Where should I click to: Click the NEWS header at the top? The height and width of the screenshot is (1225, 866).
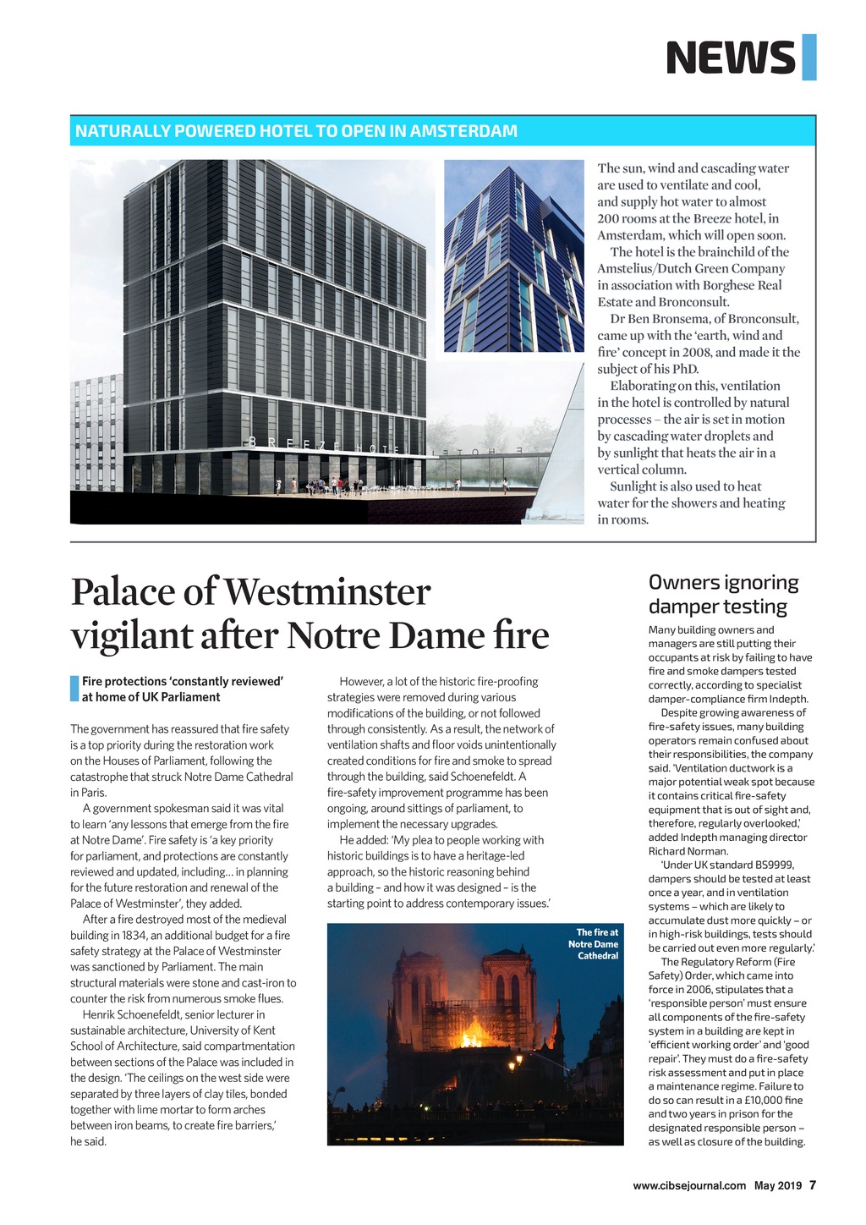tap(731, 58)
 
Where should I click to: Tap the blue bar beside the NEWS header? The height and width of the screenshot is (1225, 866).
tap(808, 58)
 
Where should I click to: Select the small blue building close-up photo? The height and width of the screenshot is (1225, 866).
tap(513, 255)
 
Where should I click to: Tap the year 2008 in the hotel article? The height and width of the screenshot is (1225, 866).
tap(695, 352)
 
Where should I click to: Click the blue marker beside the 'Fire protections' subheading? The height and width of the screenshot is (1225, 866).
tap(74, 689)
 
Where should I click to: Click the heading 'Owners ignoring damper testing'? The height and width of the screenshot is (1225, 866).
tap(723, 594)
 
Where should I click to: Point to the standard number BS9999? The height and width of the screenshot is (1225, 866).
tap(773, 865)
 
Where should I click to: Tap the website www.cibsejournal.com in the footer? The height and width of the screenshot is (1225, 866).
tap(689, 1185)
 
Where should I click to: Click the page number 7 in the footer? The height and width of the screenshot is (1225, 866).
tap(813, 1184)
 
